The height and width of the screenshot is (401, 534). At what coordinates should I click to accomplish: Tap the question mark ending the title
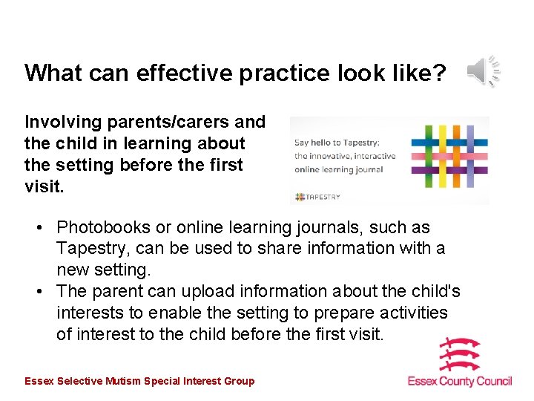pyautogui.click(x=439, y=73)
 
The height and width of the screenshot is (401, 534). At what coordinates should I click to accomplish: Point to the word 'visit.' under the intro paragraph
pyautogui.click(x=44, y=186)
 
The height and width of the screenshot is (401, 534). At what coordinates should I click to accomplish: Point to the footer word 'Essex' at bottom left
pyautogui.click(x=39, y=381)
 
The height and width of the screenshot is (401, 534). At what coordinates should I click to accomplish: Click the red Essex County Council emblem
pyautogui.click(x=460, y=354)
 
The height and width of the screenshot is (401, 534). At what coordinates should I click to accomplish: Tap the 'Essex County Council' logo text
pyautogui.click(x=460, y=381)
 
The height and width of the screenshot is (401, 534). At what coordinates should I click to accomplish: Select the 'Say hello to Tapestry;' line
pyautogui.click(x=337, y=143)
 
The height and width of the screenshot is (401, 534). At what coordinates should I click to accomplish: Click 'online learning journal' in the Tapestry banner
pyautogui.click(x=338, y=169)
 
